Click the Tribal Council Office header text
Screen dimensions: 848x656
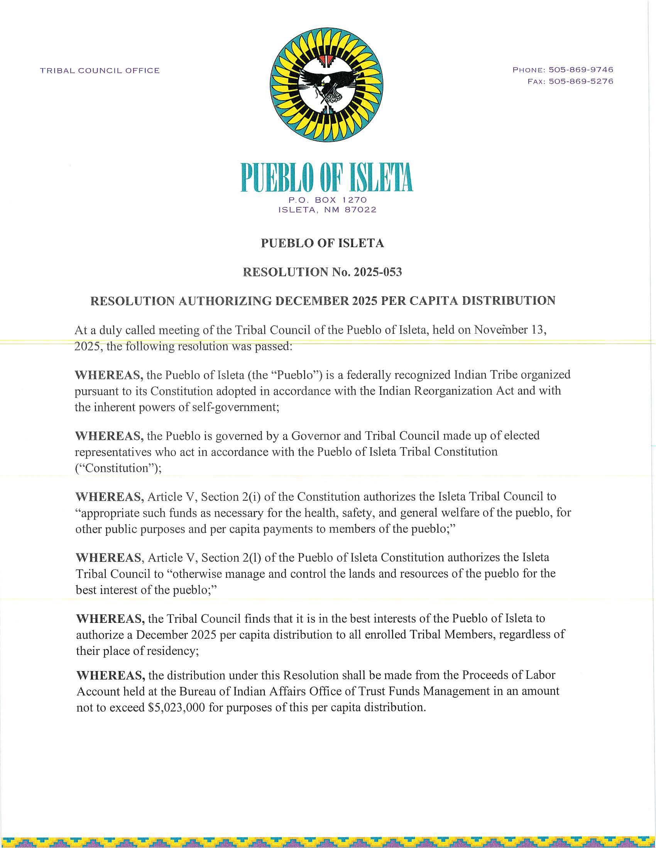coord(100,71)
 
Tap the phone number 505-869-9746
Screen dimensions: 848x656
coord(581,70)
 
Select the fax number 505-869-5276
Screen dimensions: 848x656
coord(581,82)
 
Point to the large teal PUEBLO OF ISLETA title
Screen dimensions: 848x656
coord(326,177)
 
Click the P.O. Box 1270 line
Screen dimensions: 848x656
coord(328,200)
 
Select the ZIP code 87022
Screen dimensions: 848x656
coord(361,210)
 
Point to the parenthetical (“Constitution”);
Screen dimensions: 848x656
coord(118,468)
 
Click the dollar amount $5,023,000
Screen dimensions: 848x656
coord(176,707)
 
